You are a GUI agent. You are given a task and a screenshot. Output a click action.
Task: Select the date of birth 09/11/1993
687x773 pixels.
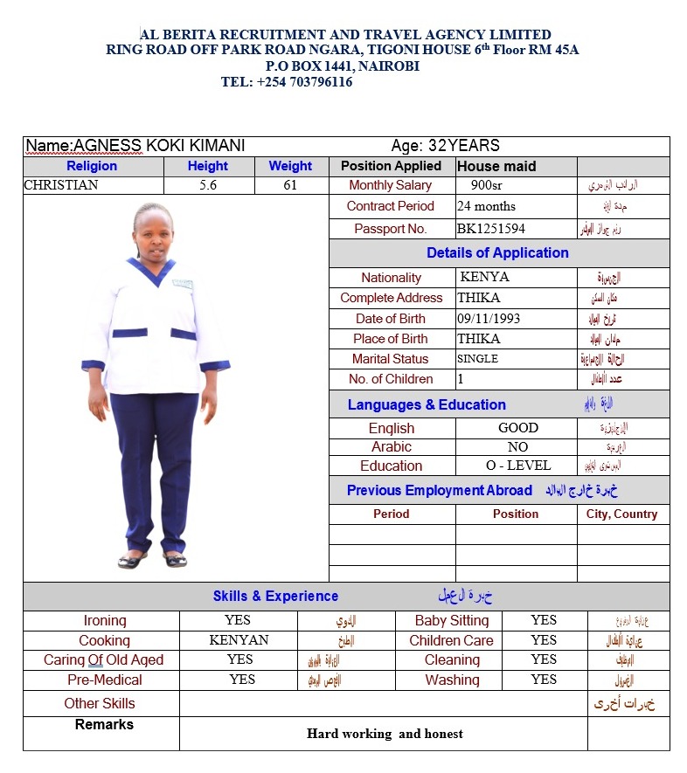point(489,319)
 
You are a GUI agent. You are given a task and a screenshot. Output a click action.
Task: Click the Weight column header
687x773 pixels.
point(290,166)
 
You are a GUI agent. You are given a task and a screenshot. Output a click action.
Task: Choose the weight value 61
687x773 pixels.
point(290,185)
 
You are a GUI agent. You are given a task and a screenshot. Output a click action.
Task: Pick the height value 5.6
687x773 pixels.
point(208,185)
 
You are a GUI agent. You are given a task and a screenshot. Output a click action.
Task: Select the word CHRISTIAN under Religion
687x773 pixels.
point(61,185)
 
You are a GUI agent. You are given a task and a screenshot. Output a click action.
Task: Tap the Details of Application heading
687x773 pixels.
point(497,253)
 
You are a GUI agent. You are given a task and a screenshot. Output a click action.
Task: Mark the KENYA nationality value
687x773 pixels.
point(484,277)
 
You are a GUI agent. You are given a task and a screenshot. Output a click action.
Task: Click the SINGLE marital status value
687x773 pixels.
point(477,359)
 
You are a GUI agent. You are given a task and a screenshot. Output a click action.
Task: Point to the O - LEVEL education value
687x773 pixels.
point(518,466)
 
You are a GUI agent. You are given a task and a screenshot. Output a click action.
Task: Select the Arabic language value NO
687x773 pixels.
point(517,446)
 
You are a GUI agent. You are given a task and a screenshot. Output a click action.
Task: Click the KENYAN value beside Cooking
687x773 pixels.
point(239,640)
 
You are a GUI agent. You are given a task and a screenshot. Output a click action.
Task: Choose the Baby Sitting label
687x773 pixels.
point(452,620)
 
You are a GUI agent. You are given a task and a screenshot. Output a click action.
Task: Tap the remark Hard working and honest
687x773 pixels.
point(385,734)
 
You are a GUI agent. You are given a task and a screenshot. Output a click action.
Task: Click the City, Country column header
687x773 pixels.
point(621,514)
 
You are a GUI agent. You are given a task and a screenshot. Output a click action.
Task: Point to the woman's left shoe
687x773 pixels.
point(175,560)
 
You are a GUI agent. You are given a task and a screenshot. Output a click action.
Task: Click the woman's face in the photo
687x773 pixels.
point(155,231)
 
